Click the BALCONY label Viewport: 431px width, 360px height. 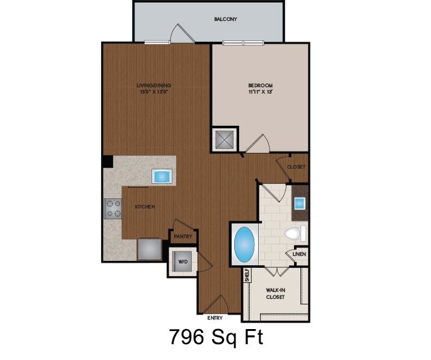tap(225, 20)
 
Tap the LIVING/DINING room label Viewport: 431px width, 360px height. tap(154, 85)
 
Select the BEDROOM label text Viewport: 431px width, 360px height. tap(259, 85)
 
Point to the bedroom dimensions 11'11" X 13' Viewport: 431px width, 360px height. tap(259, 92)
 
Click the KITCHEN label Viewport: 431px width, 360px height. tap(145, 207)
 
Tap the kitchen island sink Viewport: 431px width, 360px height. tap(162, 176)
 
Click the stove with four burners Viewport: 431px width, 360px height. tap(114, 208)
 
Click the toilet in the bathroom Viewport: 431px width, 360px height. tap(294, 234)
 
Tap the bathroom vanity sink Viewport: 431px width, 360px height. tap(300, 203)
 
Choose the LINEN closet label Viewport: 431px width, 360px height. tap(299, 255)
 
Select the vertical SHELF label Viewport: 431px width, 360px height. tap(247, 275)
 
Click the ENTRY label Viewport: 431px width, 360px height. tap(215, 318)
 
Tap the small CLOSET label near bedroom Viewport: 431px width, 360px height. tap(297, 167)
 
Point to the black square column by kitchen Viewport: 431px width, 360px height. tap(108, 162)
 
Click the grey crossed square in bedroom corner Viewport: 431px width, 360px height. tap(225, 140)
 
